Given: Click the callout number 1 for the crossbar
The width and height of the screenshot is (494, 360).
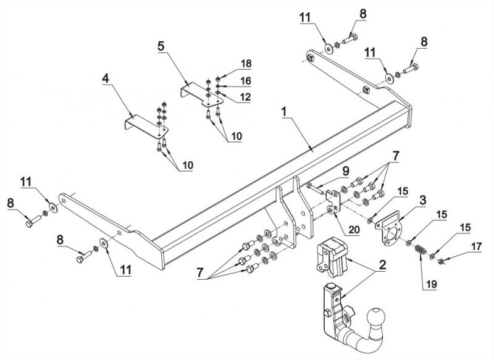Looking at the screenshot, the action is [284, 112].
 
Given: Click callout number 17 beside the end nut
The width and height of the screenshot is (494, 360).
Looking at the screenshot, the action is [477, 246].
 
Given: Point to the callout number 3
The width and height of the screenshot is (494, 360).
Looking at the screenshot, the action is [423, 199].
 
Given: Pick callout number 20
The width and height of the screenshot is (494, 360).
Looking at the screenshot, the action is [353, 229].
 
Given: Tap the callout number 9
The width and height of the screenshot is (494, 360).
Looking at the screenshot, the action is [346, 171].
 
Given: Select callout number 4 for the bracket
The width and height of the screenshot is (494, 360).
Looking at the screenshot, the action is [106, 78].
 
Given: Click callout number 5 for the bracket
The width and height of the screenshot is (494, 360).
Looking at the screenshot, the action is [161, 46].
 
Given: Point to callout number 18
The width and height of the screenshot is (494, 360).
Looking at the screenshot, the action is [246, 64].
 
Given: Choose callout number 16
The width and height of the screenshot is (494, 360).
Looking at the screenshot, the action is [246, 81].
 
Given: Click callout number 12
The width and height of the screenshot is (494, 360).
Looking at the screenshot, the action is [245, 97].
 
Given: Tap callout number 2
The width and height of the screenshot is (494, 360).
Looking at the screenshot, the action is [382, 265].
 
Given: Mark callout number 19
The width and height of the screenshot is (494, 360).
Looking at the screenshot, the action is [431, 284].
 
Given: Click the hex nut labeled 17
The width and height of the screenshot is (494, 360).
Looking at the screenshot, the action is [441, 261].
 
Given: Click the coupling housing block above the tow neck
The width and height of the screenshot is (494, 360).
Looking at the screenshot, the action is [331, 257].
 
